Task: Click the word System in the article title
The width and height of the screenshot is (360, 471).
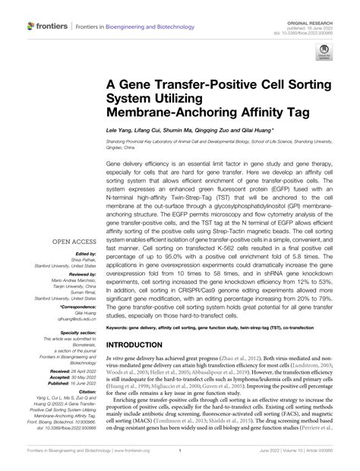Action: coord(131,100)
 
